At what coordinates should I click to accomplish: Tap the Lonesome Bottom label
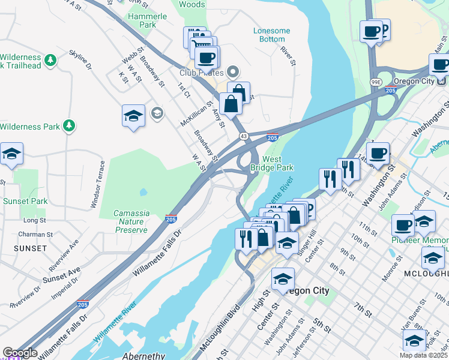pyautogui.click(x=271, y=35)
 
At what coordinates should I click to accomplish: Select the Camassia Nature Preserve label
pyautogui.click(x=131, y=221)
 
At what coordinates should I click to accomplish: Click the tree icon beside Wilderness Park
pyautogui.click(x=70, y=126)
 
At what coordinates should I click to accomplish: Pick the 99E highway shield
pyautogui.click(x=375, y=82)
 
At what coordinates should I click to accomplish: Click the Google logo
pyautogui.click(x=20, y=353)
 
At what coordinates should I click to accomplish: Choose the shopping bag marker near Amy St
pyautogui.click(x=231, y=104)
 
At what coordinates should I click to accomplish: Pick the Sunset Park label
pyautogui.click(x=25, y=202)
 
